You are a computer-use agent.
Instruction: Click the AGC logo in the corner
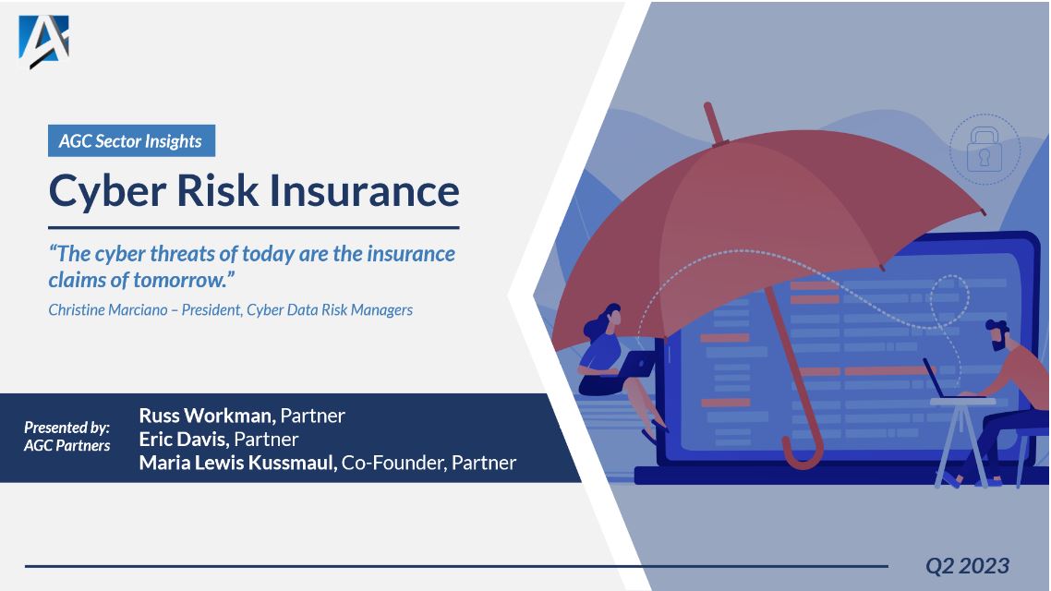point(43,42)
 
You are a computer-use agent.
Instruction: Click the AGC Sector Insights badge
point(131,141)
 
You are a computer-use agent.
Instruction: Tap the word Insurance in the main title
point(365,190)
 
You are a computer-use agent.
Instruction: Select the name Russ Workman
point(207,416)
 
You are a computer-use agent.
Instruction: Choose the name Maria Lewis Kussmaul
point(237,463)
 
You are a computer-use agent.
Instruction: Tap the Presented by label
point(66,428)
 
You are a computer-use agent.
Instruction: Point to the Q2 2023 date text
point(968,565)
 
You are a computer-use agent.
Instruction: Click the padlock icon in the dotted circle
point(985,150)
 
